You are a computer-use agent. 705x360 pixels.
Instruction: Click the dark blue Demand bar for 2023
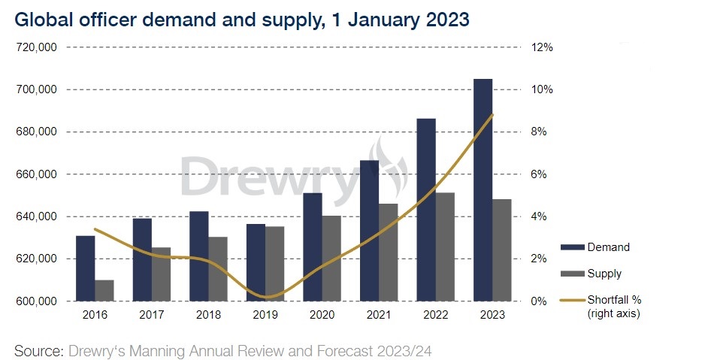click(483, 190)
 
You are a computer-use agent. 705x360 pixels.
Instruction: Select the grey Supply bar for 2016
click(104, 290)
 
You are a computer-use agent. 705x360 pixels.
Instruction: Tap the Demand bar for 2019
click(256, 262)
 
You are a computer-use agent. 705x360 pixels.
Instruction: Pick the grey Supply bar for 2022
click(445, 247)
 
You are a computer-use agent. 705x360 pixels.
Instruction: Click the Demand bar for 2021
click(370, 231)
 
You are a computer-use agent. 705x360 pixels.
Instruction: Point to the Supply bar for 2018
click(218, 269)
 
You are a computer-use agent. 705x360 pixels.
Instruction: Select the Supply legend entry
click(591, 274)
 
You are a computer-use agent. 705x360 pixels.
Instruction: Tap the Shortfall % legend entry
click(601, 306)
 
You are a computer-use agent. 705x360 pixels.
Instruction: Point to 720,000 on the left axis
click(36, 47)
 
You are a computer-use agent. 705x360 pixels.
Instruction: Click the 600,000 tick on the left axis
click(36, 301)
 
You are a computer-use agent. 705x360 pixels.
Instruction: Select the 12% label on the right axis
click(542, 47)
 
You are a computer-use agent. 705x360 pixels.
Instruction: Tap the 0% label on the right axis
click(539, 301)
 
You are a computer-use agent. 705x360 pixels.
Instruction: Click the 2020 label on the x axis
click(322, 315)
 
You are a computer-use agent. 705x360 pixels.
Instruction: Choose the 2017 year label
click(152, 315)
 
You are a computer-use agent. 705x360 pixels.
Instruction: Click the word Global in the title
click(42, 20)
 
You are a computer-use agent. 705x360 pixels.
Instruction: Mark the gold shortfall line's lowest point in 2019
click(268, 297)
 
